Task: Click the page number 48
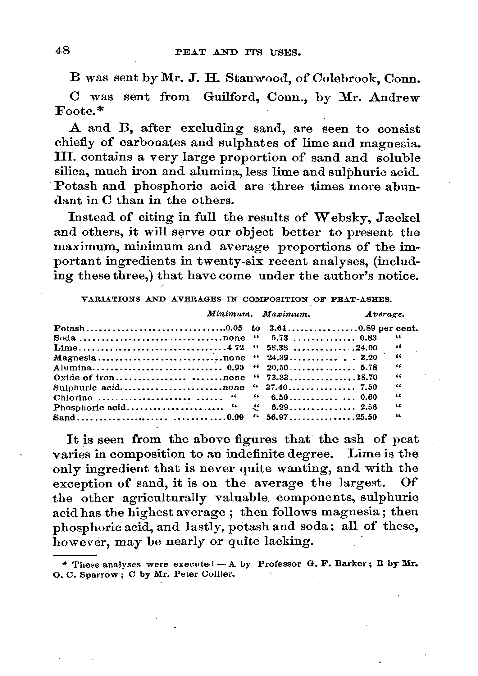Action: coord(62,50)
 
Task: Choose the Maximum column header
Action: coord(286,314)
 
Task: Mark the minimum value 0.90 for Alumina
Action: coord(236,368)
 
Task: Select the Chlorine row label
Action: coord(73,398)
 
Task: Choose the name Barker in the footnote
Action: coord(350,564)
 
